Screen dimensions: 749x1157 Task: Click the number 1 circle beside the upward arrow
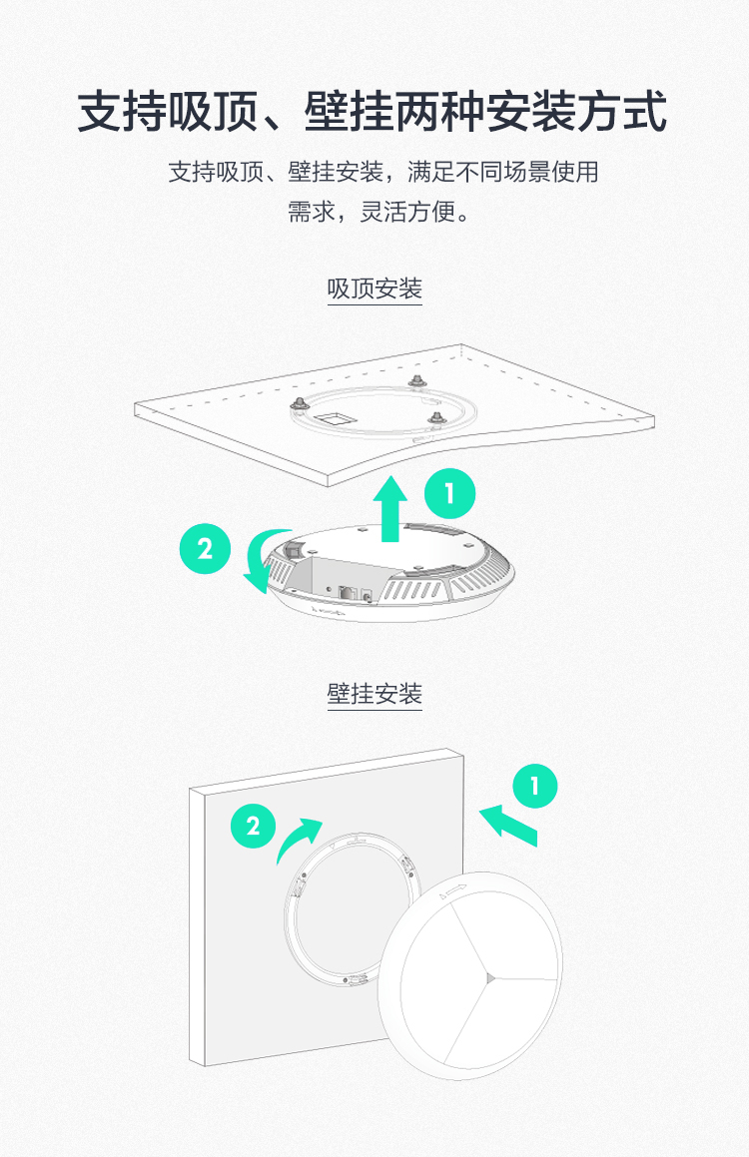tap(450, 493)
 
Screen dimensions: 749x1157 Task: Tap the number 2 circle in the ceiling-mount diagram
tap(205, 549)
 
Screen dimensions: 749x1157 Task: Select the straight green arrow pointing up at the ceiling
tap(390, 509)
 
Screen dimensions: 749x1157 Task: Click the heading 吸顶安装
tap(374, 289)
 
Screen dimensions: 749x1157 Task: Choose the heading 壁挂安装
tap(374, 694)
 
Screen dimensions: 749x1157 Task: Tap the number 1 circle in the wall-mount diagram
tap(535, 785)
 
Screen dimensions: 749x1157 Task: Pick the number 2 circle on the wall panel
tap(253, 826)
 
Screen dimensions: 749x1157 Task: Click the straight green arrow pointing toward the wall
tap(509, 826)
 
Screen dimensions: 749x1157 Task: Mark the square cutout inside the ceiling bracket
tap(334, 418)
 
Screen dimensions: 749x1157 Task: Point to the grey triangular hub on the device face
tap(489, 977)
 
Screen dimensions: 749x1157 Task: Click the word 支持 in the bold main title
tap(123, 112)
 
